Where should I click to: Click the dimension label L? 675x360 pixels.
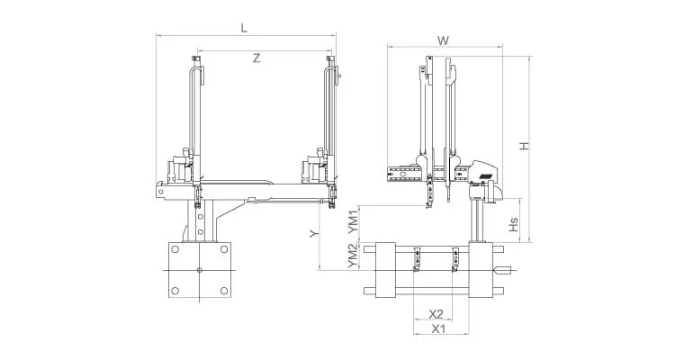click(x=244, y=27)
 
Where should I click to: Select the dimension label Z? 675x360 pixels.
click(x=256, y=58)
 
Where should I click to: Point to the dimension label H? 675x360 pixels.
click(x=524, y=146)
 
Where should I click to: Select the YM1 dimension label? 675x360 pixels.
click(x=353, y=221)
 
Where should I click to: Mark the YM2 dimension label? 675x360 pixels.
click(x=353, y=257)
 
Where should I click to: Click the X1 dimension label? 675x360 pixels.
click(x=438, y=328)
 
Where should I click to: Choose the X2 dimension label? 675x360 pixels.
click(x=436, y=313)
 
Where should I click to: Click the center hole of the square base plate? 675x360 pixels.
click(x=198, y=270)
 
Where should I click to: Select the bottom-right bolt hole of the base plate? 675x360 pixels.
click(x=220, y=289)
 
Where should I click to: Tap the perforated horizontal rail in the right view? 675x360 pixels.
click(x=403, y=174)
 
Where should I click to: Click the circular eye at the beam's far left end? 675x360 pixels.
click(x=161, y=190)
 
